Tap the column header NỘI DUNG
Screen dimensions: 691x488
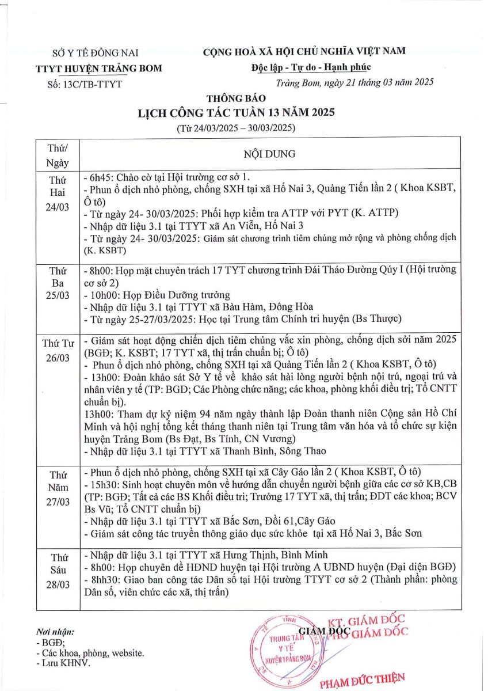(269, 154)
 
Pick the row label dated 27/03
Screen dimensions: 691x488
(58, 502)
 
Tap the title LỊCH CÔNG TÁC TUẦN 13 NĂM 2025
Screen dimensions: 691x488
(236, 112)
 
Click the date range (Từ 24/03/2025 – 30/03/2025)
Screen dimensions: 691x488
(236, 127)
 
